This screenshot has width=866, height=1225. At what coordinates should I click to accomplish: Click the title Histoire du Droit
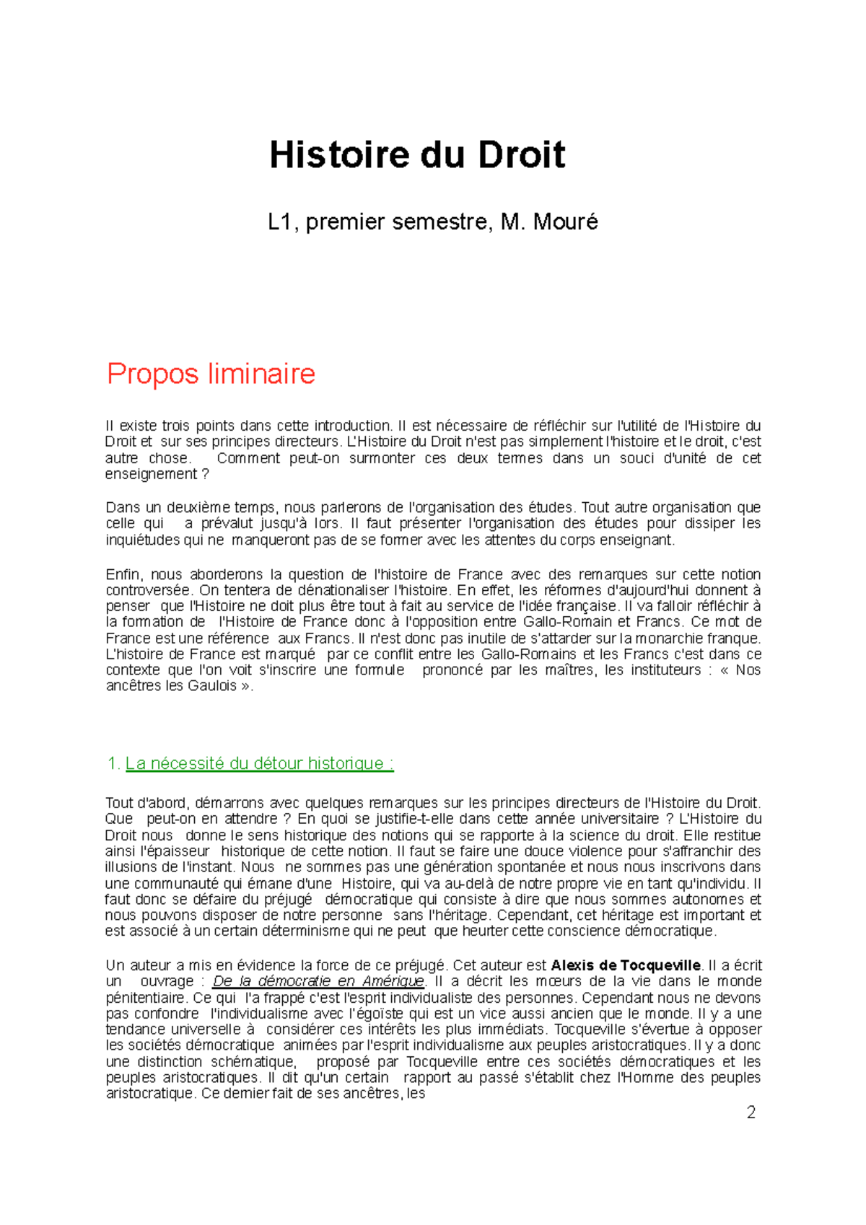pyautogui.click(x=417, y=156)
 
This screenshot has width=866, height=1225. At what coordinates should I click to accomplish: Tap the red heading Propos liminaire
pyautogui.click(x=211, y=374)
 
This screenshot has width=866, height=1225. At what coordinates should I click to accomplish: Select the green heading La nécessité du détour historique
pyautogui.click(x=259, y=763)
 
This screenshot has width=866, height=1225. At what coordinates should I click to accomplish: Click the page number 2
pyautogui.click(x=751, y=1112)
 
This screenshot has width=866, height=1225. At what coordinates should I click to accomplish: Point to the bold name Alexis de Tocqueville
pyautogui.click(x=626, y=965)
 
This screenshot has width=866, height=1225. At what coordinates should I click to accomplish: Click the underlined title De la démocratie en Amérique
pyautogui.click(x=318, y=981)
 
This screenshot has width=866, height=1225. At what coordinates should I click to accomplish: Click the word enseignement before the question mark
pyautogui.click(x=150, y=474)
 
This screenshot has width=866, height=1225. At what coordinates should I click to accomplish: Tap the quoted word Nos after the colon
pyautogui.click(x=748, y=670)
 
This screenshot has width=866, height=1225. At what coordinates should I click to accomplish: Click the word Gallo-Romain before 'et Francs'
pyautogui.click(x=567, y=622)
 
